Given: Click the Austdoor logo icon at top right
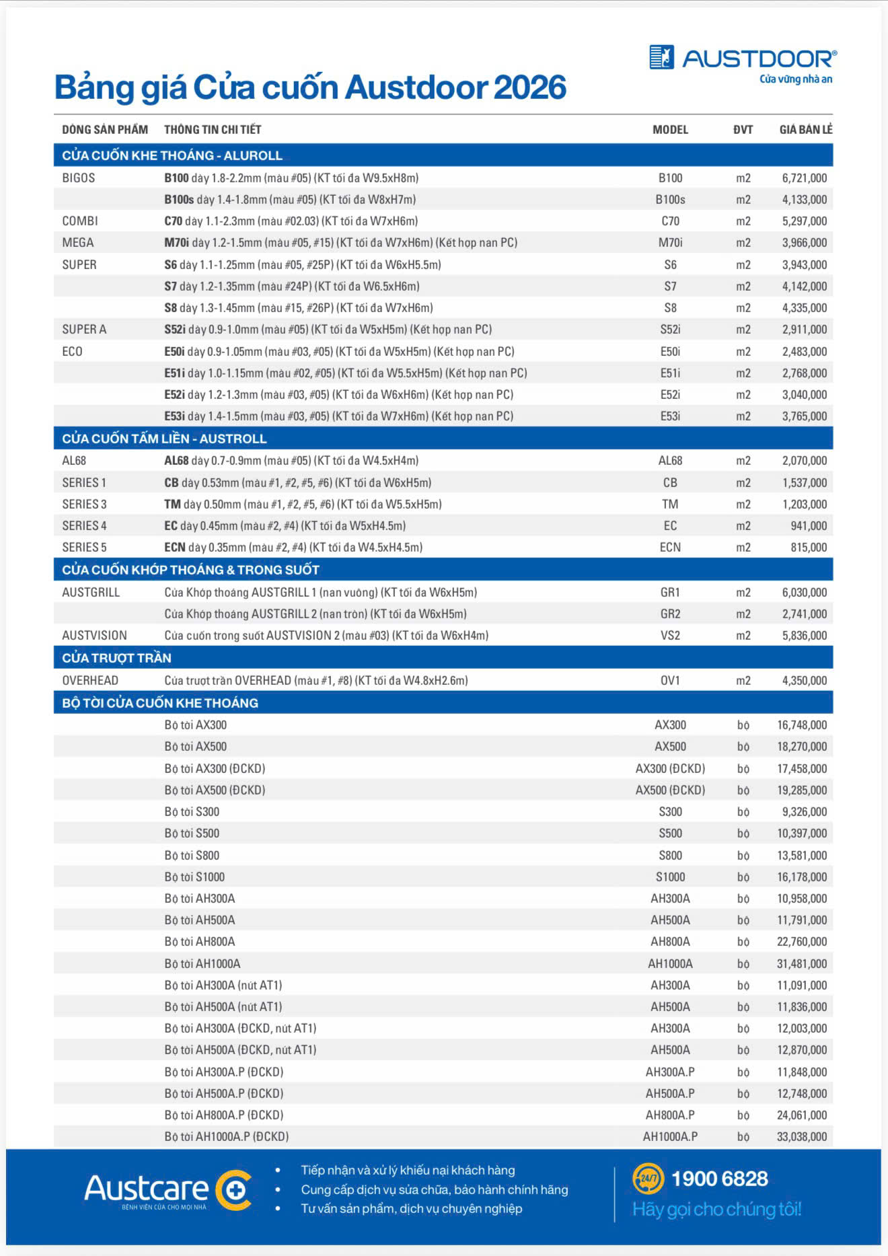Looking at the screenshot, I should point(661,57).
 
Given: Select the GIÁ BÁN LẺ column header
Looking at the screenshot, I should point(805,130).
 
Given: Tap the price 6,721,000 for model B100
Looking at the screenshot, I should point(804,178).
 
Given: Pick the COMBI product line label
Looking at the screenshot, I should point(80,221).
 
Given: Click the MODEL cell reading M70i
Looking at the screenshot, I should point(670,243).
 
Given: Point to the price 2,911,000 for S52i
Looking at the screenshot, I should point(804,330).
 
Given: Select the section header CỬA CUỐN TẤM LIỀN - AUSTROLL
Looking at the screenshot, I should point(164,439).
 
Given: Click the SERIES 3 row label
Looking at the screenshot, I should point(84,505).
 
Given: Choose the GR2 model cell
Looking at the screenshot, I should point(670,614).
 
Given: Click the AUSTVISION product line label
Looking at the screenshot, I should point(94,636).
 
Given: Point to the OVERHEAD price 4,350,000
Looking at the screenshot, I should point(804,681).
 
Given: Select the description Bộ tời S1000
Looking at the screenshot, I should point(194,877).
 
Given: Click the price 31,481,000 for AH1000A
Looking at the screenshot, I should point(801,964).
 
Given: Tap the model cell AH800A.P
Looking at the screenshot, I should point(670,1115).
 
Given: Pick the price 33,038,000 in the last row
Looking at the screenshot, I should point(801,1137).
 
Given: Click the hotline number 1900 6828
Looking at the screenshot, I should point(719,1179).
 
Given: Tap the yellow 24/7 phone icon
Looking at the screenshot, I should point(648,1178).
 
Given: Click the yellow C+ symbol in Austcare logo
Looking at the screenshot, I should point(234,1190).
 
